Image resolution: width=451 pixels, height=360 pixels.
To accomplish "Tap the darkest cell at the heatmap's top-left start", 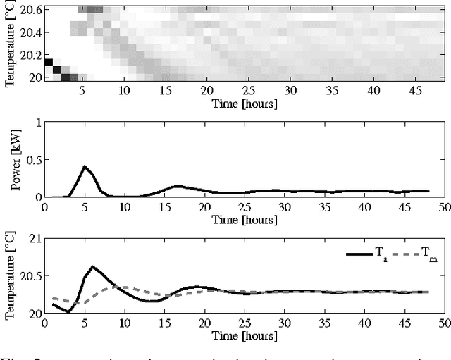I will [x=48, y=62].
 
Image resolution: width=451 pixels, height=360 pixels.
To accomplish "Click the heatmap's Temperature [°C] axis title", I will [x=9, y=43].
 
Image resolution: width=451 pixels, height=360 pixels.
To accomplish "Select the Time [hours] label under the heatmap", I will [x=243, y=104].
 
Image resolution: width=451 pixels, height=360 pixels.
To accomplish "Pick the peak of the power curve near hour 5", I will [x=85, y=166].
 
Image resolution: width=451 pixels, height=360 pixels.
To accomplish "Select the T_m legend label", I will [x=428, y=252].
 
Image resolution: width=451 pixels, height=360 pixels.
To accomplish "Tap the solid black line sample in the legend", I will [x=358, y=252].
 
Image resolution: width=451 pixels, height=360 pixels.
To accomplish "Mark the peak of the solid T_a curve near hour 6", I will [x=93, y=266].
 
